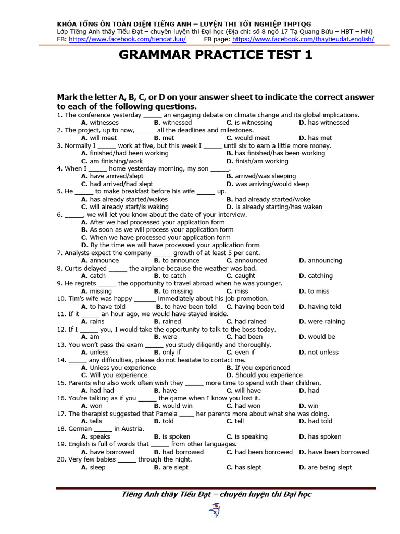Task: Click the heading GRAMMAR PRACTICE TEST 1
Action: tap(216, 55)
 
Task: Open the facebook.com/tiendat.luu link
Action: tap(127, 39)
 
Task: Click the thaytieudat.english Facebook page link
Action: tap(303, 39)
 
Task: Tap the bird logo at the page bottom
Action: tap(214, 510)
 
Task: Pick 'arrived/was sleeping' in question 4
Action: tap(265, 176)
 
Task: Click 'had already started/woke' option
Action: tap(272, 199)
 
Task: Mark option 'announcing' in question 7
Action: tap(324, 260)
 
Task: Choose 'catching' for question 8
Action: tap(320, 276)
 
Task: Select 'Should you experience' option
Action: tap(269, 375)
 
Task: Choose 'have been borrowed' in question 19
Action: tap(338, 452)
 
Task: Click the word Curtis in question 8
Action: tap(81, 268)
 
